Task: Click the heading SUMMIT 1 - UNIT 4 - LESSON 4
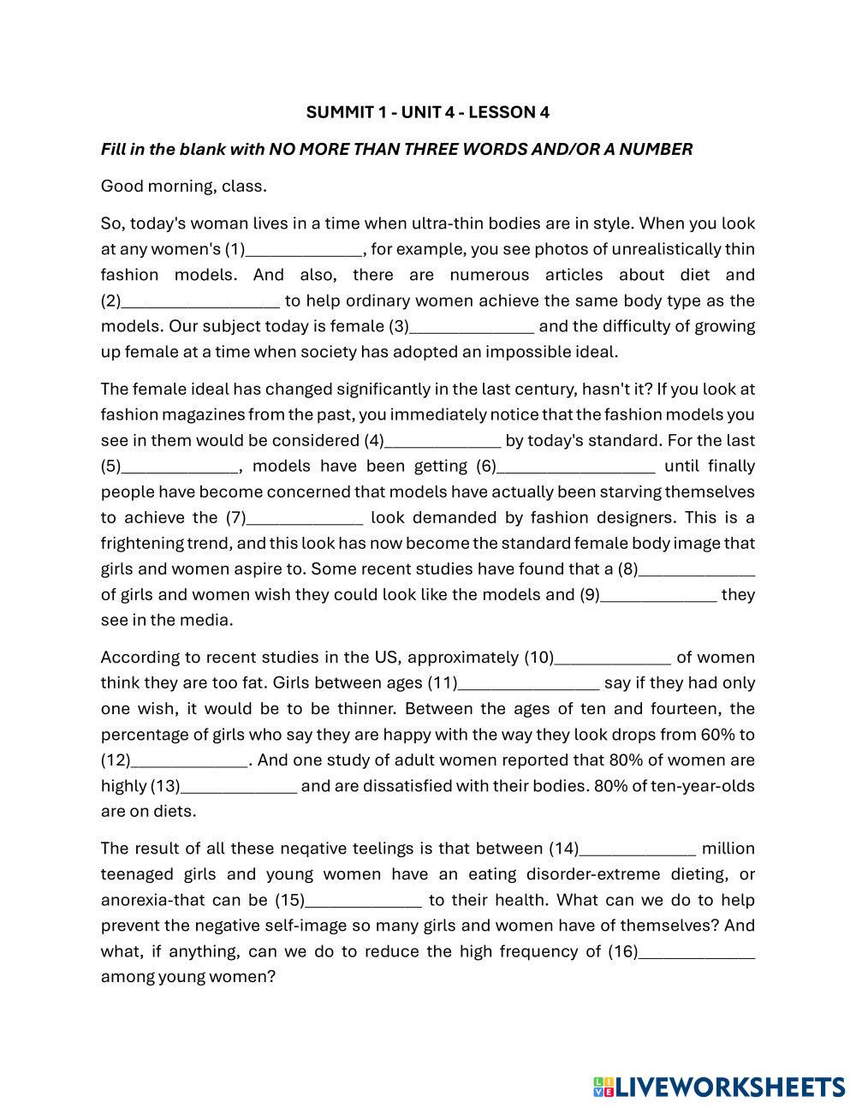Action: point(427,112)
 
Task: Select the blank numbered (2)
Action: point(200,302)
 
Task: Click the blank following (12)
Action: point(189,761)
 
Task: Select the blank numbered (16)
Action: point(697,953)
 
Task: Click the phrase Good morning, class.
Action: point(183,187)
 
